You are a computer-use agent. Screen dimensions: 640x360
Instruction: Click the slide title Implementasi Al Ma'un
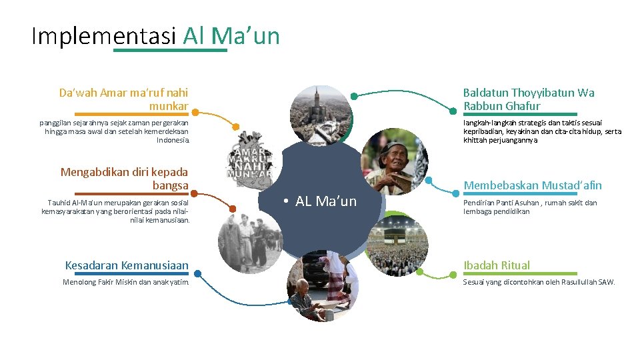(x=155, y=35)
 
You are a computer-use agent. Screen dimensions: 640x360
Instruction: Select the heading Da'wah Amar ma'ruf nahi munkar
(x=124, y=99)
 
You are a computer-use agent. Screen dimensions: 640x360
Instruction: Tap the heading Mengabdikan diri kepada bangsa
(x=125, y=178)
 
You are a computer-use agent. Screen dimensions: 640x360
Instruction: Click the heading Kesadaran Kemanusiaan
(x=127, y=265)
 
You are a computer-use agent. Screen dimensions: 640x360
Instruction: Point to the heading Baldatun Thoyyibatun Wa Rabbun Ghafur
(x=529, y=99)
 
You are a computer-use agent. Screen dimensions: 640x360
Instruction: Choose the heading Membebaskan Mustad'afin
(x=532, y=185)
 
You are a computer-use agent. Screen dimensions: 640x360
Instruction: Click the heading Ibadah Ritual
(x=497, y=265)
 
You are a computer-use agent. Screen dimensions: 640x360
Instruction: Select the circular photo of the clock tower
(x=320, y=115)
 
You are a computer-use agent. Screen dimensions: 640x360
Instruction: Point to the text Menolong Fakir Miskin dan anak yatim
(x=125, y=282)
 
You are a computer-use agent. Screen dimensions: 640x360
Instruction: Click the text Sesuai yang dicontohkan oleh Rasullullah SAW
(x=539, y=282)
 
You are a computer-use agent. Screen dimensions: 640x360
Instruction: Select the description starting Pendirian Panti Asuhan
(x=530, y=207)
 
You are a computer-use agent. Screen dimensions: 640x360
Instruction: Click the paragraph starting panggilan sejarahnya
(x=115, y=131)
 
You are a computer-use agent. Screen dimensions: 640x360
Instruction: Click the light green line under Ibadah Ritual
(x=520, y=273)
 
